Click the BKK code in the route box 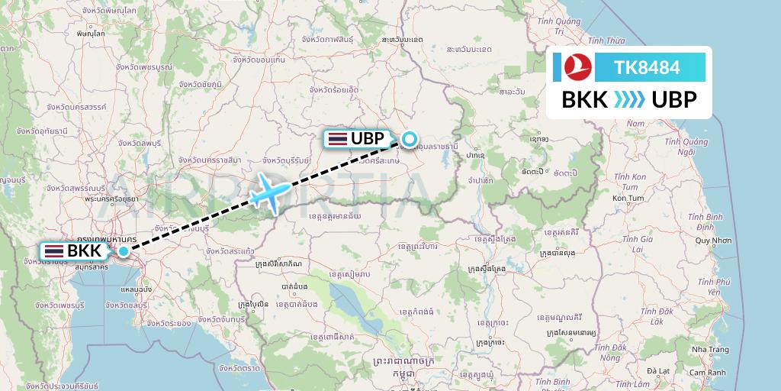pyautogui.click(x=584, y=100)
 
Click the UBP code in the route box pyautogui.click(x=673, y=100)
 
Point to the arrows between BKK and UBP pyautogui.click(x=629, y=100)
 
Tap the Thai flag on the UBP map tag pyautogui.click(x=337, y=138)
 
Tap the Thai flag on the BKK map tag pyautogui.click(x=54, y=250)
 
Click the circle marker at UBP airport pyautogui.click(x=410, y=139)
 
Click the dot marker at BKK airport pyautogui.click(x=124, y=250)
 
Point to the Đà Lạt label pyautogui.click(x=657, y=371)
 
